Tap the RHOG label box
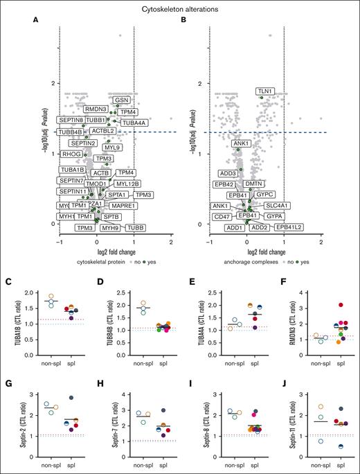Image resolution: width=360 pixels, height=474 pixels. point(71,154)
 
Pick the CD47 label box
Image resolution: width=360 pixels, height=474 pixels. point(222,216)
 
